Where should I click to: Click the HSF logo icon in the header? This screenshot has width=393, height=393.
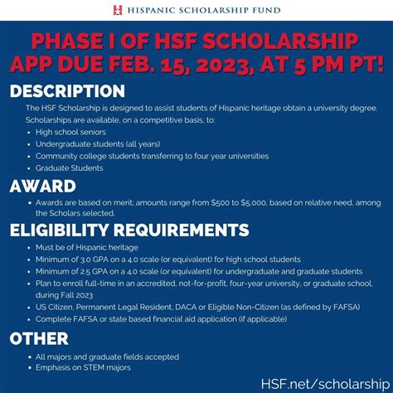coord(119,10)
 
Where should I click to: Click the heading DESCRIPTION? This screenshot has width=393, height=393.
coord(67,90)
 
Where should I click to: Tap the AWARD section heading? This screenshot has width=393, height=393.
coord(42,186)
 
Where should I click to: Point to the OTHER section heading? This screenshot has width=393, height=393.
coord(39,337)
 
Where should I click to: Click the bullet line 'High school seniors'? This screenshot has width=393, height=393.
coord(75,132)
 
